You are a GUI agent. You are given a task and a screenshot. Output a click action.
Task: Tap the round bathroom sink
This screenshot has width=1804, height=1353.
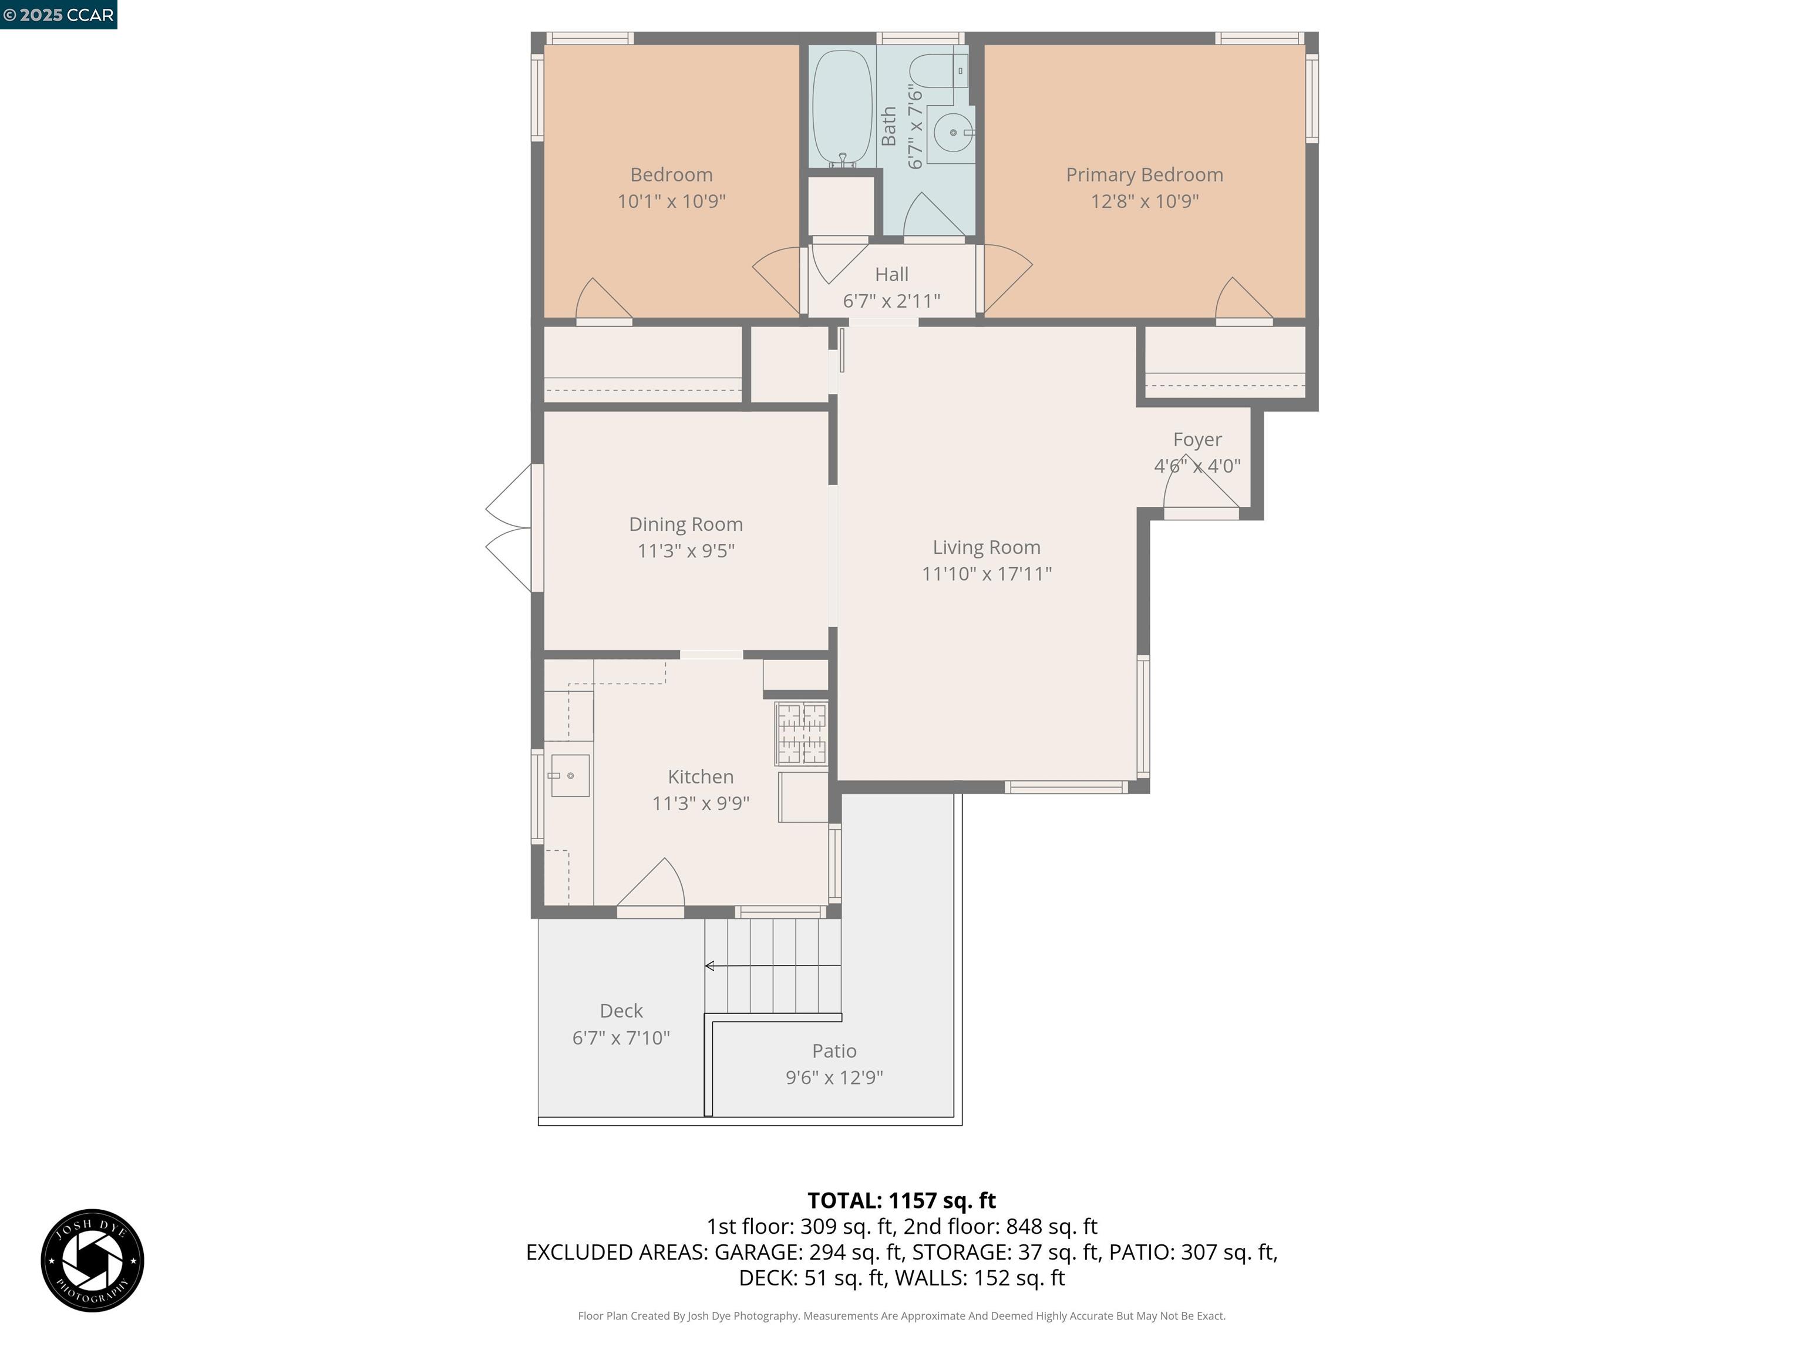point(953,132)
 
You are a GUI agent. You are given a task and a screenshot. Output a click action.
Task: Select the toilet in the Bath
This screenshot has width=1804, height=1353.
point(938,72)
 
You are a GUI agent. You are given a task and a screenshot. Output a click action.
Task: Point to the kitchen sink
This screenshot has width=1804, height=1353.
point(568,775)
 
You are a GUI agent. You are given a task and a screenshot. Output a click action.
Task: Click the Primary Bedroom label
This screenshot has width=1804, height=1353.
point(1143,174)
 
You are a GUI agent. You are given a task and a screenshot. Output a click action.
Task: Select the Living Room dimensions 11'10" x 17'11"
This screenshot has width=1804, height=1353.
point(986,573)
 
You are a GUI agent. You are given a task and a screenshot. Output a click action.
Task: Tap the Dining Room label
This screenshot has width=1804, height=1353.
point(685,524)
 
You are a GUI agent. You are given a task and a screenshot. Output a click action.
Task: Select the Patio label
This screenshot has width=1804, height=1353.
point(833,1051)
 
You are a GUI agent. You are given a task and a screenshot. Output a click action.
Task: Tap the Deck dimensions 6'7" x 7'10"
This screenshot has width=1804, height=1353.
point(621,1038)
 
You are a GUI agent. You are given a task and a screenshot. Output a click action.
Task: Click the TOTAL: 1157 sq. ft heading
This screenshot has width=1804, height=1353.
point(901,1200)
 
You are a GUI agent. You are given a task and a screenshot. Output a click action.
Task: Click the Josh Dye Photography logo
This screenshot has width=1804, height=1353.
point(92,1260)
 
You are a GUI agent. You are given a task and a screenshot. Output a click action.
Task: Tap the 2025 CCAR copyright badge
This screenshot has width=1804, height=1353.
point(58,15)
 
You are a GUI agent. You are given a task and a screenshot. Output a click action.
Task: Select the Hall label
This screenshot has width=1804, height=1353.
point(891,274)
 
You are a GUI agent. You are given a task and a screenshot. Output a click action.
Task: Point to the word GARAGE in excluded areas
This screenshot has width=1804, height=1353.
point(757,1252)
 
